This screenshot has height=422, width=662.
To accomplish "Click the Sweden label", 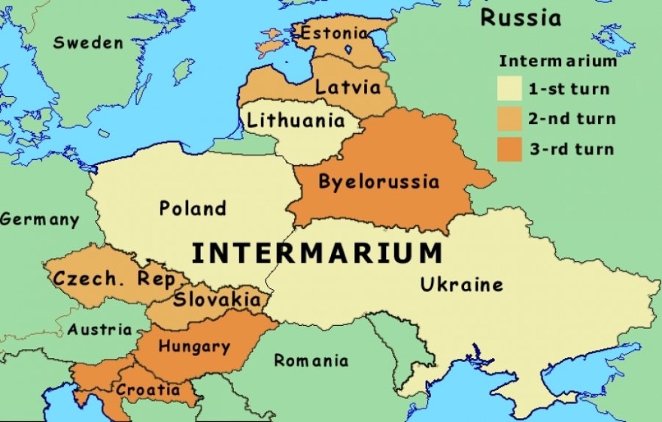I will (x=88, y=43).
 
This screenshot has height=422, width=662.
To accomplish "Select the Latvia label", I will (x=348, y=86).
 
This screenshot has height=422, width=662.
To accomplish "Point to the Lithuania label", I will (x=296, y=120).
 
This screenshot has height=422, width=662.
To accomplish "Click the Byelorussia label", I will (x=378, y=182).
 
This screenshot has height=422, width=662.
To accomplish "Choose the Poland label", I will (x=193, y=208).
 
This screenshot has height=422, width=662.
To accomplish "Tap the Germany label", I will (x=39, y=220).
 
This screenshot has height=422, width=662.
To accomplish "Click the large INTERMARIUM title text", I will (x=317, y=253).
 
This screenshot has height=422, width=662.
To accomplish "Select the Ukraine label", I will (x=461, y=285).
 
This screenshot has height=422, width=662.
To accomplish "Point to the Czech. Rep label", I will (x=114, y=279).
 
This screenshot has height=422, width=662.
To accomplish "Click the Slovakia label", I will (x=217, y=300).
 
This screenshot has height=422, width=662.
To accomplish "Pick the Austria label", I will (x=99, y=329).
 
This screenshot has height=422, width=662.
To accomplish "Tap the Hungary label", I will (x=194, y=347).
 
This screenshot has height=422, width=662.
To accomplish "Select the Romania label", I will (x=311, y=361).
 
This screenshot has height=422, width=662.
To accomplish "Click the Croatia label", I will (x=147, y=390).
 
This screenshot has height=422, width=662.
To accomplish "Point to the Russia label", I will (x=521, y=17).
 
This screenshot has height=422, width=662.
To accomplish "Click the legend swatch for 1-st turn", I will (x=509, y=89).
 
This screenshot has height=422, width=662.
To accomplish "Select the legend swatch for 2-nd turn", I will (x=509, y=119).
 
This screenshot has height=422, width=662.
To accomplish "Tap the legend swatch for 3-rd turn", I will (x=509, y=149).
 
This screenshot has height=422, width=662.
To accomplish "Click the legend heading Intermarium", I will (x=557, y=61).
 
